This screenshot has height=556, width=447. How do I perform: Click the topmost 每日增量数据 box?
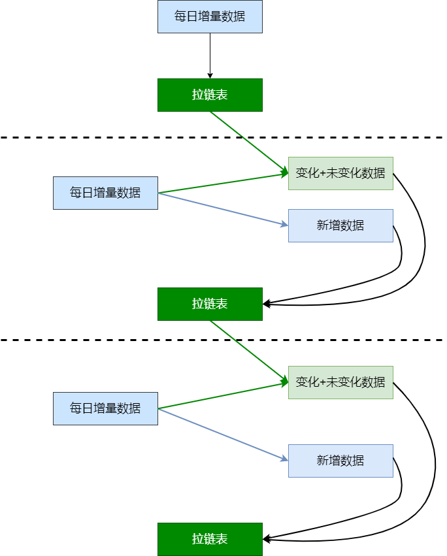(x=210, y=17)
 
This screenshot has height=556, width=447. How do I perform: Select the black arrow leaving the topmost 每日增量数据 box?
(x=210, y=56)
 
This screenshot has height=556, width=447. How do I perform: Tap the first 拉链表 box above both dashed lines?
(x=210, y=95)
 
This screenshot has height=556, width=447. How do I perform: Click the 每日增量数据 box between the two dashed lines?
(x=105, y=193)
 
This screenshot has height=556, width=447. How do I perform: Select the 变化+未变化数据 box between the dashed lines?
(x=340, y=173)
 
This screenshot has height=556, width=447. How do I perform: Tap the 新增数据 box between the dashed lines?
(x=340, y=225)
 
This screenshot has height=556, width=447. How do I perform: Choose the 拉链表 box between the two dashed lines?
(x=210, y=304)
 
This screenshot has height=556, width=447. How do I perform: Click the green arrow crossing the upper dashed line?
(x=248, y=142)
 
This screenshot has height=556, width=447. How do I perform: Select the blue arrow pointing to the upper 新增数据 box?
(x=222, y=209)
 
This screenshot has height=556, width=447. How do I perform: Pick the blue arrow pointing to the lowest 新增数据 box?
(x=222, y=434)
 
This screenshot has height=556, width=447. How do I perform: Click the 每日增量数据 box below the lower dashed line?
(x=105, y=408)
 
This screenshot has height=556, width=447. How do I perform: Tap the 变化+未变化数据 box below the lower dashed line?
(x=340, y=382)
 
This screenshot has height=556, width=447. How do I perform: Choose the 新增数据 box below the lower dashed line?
(x=340, y=461)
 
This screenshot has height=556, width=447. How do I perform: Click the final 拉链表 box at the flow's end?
(x=210, y=539)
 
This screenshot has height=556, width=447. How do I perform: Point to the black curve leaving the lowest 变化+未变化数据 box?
(x=434, y=457)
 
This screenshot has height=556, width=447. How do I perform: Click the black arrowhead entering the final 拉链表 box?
(x=267, y=539)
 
